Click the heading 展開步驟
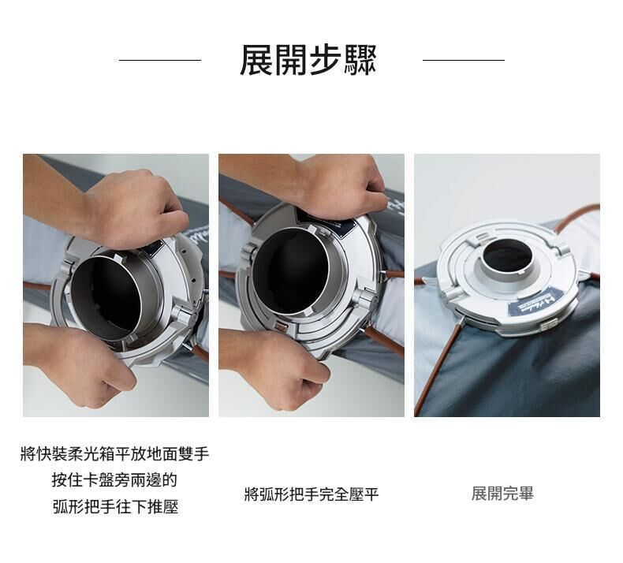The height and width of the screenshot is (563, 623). [308, 60]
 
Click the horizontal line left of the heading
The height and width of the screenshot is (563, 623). [160, 61]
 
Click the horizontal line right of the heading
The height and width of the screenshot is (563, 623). [464, 61]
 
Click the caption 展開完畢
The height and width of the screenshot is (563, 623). [502, 494]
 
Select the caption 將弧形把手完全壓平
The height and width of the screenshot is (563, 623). [311, 494]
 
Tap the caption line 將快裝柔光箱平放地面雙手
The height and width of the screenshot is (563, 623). [115, 453]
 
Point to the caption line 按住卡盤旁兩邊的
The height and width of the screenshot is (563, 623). [114, 480]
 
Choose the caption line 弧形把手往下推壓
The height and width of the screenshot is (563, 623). [116, 506]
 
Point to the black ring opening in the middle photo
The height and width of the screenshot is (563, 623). [290, 270]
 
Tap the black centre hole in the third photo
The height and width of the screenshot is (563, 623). [509, 255]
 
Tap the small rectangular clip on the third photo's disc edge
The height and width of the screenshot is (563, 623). [547, 326]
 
